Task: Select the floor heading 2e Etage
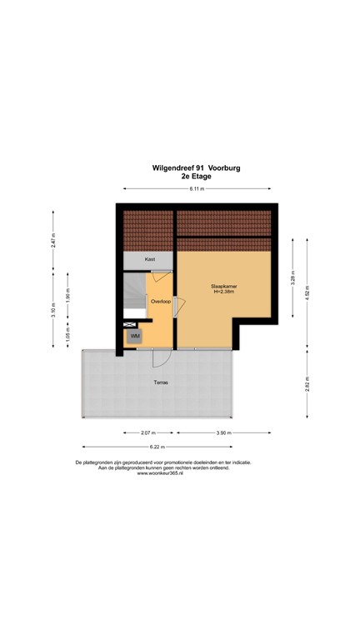pyautogui.click(x=197, y=177)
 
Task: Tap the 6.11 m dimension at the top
pyautogui.click(x=197, y=190)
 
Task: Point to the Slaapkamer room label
pyautogui.click(x=223, y=286)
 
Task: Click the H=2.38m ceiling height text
pyautogui.click(x=223, y=292)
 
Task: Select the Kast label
pyautogui.click(x=150, y=259)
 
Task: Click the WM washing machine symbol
pyautogui.click(x=134, y=336)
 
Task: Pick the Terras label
pyautogui.click(x=161, y=382)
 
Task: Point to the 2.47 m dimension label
pyautogui.click(x=53, y=240)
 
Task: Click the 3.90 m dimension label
pyautogui.click(x=223, y=433)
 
